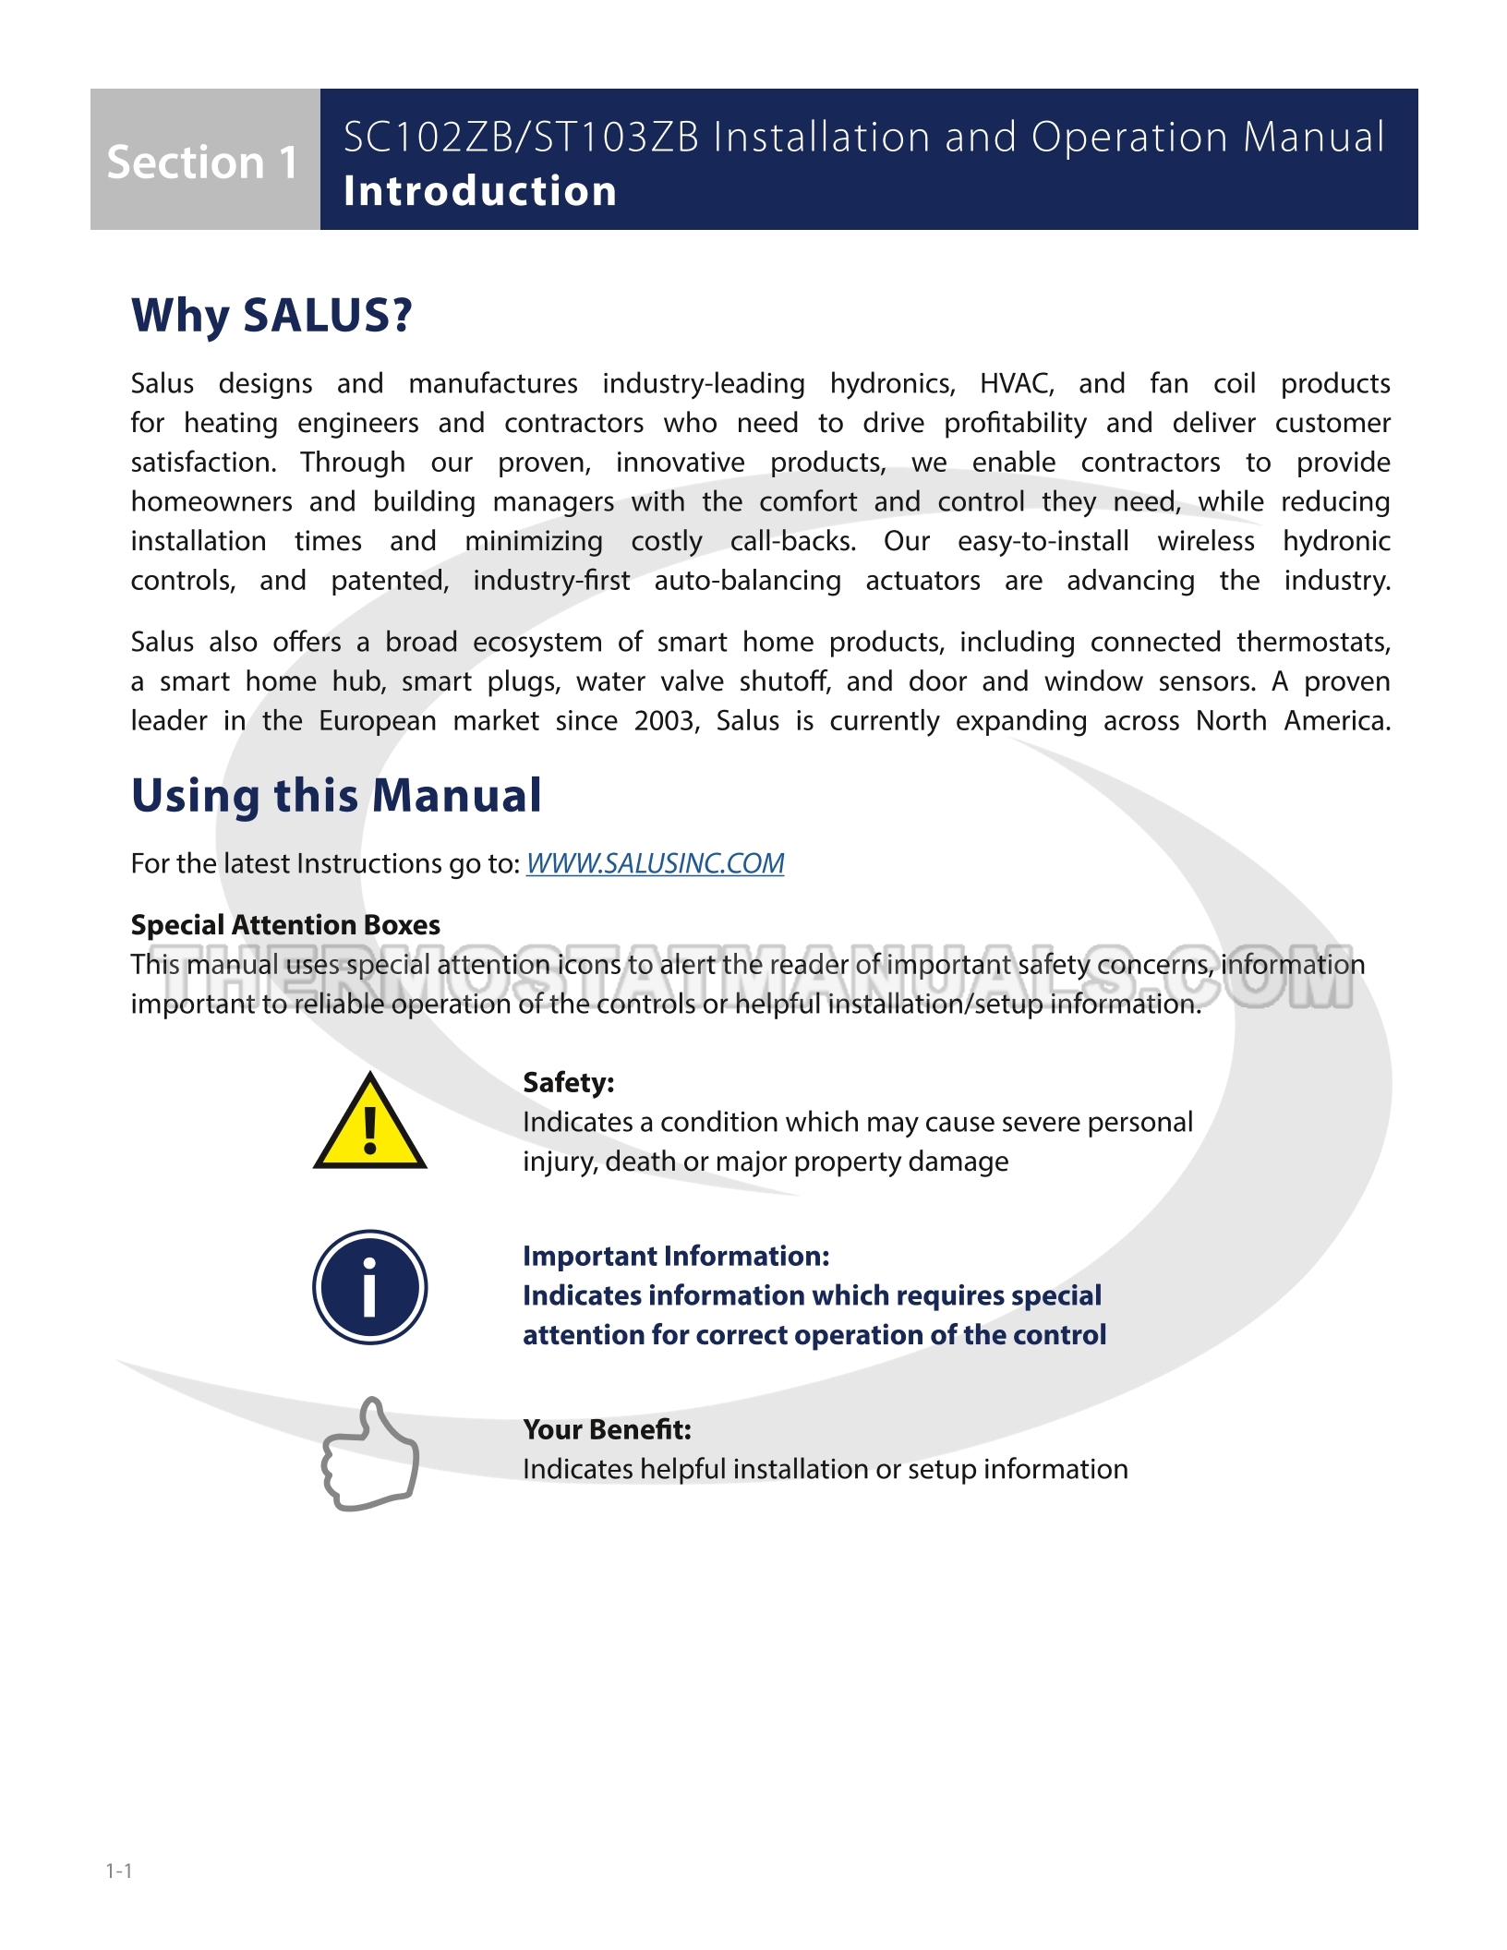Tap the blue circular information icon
pyautogui.click(x=369, y=1287)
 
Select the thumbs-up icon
pyautogui.click(x=370, y=1453)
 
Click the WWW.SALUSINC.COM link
pyautogui.click(x=655, y=863)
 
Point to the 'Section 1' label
pyautogui.click(x=202, y=162)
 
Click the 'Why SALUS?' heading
pyautogui.click(x=271, y=316)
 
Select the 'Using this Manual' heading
pyautogui.click(x=336, y=795)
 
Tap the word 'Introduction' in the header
pyautogui.click(x=479, y=191)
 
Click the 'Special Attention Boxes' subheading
pyautogui.click(x=285, y=925)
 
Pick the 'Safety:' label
pyautogui.click(x=568, y=1082)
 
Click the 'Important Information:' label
pyautogui.click(x=676, y=1256)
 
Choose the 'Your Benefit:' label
pyautogui.click(x=607, y=1429)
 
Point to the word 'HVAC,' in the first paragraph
pyautogui.click(x=1017, y=383)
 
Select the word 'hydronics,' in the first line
pyautogui.click(x=892, y=383)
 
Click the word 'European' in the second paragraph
pyautogui.click(x=377, y=721)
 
